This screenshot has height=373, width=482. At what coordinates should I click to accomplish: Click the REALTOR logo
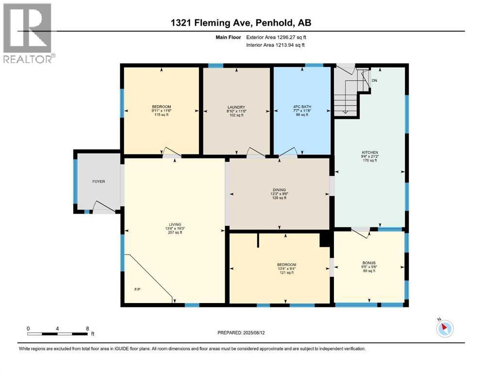point(27,33)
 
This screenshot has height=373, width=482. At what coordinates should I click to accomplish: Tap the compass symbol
point(444,328)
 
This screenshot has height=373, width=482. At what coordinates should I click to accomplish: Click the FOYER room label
point(99,182)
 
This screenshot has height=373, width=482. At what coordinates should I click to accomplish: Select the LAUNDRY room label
point(236,107)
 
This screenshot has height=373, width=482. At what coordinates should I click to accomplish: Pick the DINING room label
point(279,190)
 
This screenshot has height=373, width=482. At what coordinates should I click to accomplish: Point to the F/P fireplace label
point(138,290)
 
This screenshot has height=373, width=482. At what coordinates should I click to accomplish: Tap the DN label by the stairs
point(374,81)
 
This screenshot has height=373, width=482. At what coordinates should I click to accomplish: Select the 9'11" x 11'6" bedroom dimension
point(161,111)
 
